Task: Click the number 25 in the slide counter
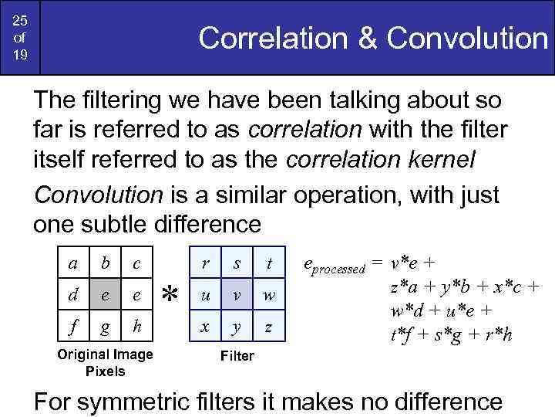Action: (20, 19)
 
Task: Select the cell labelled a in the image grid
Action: (72, 263)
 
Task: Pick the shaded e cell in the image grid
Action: (105, 294)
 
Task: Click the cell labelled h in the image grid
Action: (136, 325)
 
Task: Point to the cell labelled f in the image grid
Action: (72, 325)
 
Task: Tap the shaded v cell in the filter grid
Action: (237, 294)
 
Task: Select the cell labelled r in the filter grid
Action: (204, 263)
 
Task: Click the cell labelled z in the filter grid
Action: (268, 325)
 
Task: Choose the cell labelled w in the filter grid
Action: (268, 294)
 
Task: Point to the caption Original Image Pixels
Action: (105, 363)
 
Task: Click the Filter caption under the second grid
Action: (237, 356)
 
